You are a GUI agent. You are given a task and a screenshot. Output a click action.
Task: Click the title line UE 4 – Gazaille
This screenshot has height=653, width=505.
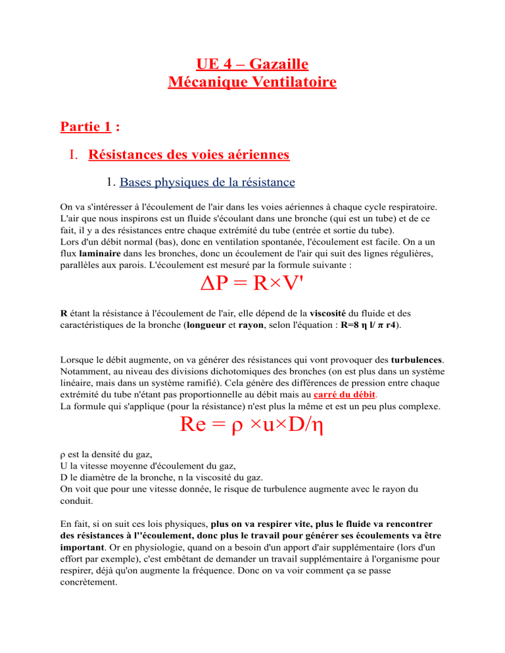[252, 65]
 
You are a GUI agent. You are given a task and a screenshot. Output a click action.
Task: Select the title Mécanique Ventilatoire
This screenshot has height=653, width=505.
[252, 83]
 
